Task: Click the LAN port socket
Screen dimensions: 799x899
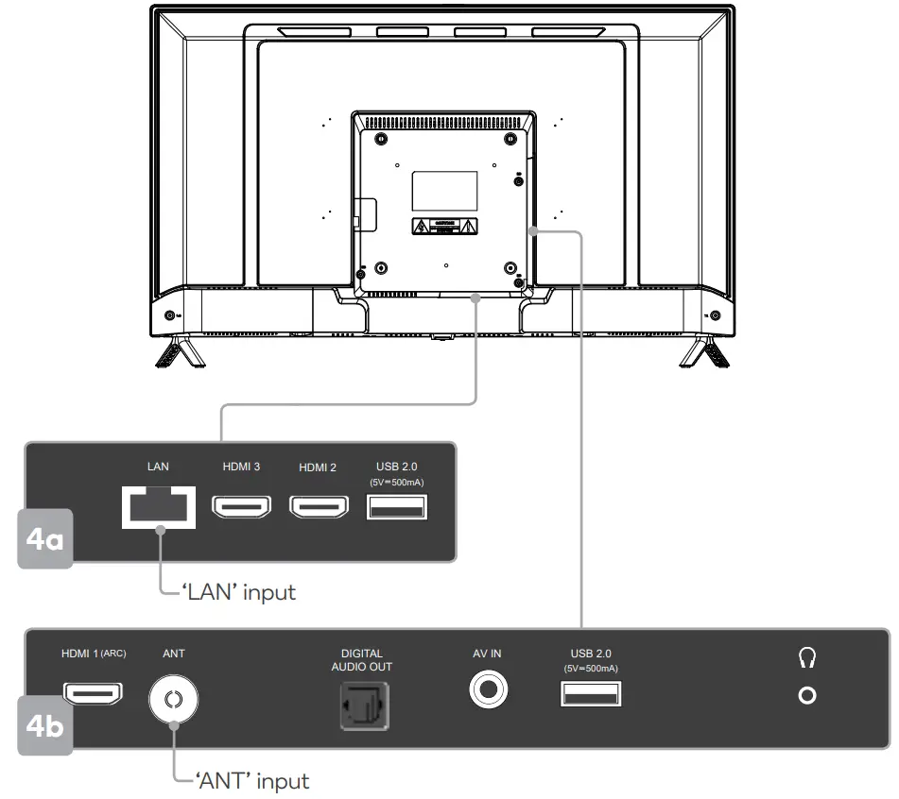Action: click(x=159, y=508)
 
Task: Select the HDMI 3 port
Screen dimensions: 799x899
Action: click(x=240, y=508)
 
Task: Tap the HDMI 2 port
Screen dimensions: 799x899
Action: click(x=318, y=508)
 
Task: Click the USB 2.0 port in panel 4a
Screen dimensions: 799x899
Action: click(x=395, y=508)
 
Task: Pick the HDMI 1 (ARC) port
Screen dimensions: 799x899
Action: click(x=93, y=693)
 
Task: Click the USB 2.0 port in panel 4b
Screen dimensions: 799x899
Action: click(x=591, y=694)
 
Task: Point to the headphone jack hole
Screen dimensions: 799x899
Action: click(x=806, y=697)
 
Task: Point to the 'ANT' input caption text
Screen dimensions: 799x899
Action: click(x=252, y=781)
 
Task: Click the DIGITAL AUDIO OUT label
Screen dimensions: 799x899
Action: click(x=362, y=659)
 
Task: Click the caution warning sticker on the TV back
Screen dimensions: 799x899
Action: click(x=444, y=227)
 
